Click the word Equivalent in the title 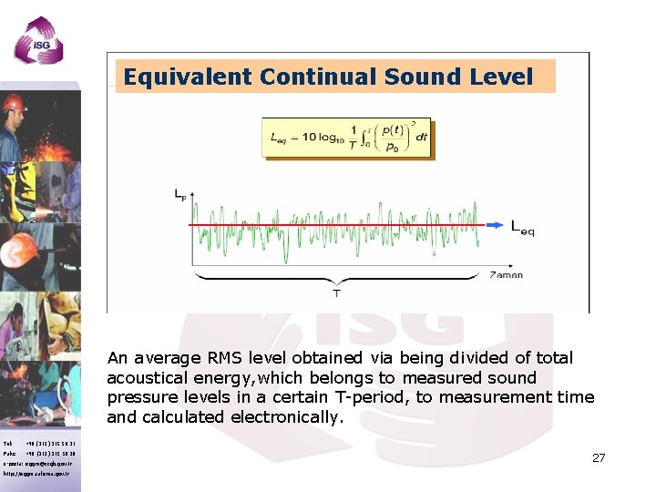click(x=188, y=77)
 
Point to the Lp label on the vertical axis click(x=181, y=194)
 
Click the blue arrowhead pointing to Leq click(x=493, y=224)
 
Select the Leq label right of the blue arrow click(x=522, y=227)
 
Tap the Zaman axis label click(x=506, y=274)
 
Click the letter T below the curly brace click(x=336, y=293)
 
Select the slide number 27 click(x=598, y=457)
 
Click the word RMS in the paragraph click(x=224, y=358)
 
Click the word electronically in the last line click(x=286, y=417)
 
